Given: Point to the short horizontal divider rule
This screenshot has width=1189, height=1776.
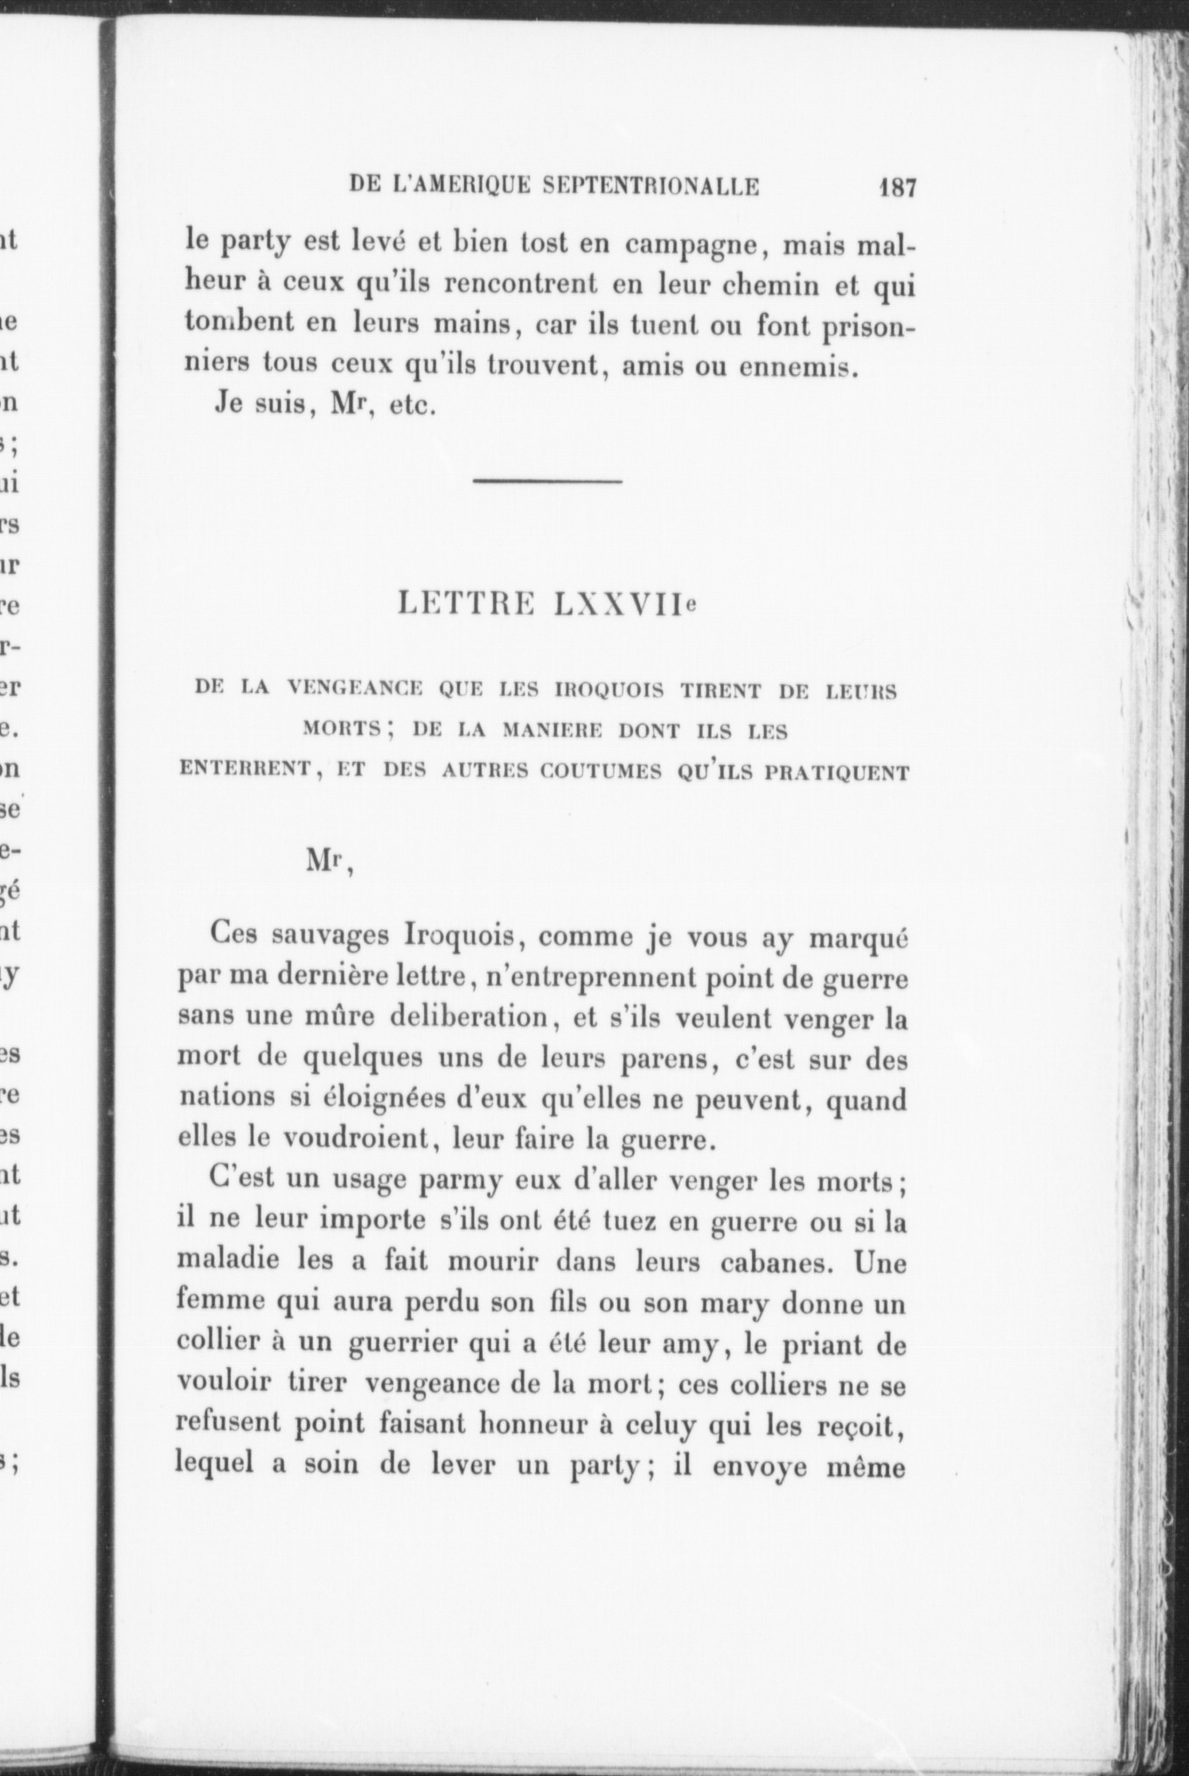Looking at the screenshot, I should (547, 481).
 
